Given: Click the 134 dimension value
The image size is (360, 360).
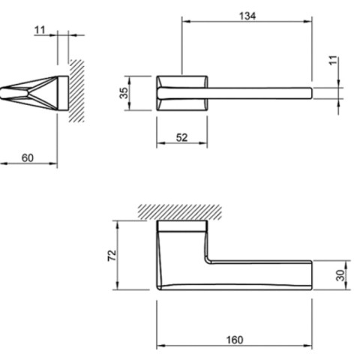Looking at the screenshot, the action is tap(247, 16).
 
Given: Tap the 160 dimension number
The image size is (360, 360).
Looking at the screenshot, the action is tap(235, 340).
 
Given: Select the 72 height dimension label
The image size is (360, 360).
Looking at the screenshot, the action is tap(112, 255).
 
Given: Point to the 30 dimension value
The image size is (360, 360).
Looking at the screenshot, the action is tap(340, 275).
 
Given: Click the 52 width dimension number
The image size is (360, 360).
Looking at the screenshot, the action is tap(181, 137).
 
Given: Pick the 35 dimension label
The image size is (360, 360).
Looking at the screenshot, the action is tap(124, 93).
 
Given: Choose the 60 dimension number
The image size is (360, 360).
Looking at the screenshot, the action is tap(28, 157).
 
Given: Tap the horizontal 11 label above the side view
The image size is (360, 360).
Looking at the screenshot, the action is tap(40, 30).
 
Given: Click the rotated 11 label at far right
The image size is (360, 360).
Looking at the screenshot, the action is tap(333, 61).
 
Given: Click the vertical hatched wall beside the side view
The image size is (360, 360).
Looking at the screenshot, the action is tap(76, 91).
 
